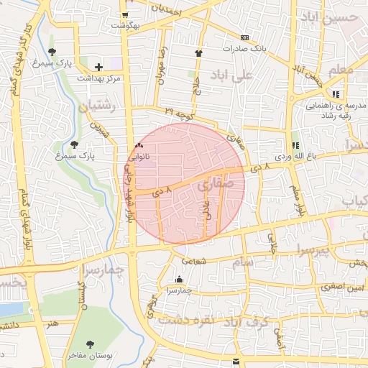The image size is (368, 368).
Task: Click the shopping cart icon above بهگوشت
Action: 125,15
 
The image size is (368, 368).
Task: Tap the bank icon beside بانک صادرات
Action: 244,37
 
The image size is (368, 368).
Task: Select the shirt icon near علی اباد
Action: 199,52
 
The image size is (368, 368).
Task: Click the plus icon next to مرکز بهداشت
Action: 99,67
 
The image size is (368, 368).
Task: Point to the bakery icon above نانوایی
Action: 139,145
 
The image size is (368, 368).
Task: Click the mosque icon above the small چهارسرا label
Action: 179,280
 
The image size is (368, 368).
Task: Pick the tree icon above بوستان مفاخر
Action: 89,344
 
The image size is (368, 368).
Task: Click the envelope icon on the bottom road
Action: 236,359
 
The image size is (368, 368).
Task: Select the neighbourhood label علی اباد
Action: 232,75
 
